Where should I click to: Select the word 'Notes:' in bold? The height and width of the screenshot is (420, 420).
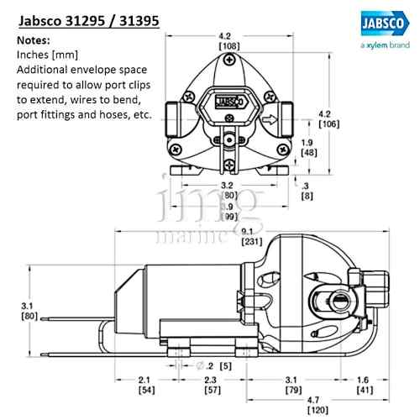click(x=34, y=40)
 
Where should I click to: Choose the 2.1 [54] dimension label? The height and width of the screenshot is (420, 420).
click(x=144, y=386)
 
